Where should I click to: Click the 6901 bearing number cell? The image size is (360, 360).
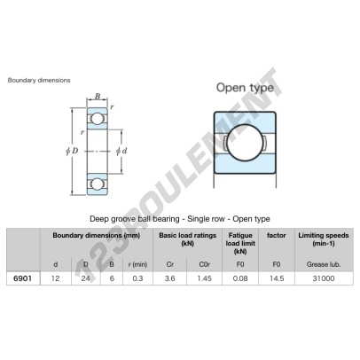point(22,278)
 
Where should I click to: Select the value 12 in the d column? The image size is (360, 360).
point(55,278)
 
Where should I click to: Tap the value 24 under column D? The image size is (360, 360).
point(86,278)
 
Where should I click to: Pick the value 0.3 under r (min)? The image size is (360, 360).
point(137,278)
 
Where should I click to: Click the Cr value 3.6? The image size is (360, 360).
point(170,278)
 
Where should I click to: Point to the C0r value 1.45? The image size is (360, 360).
point(205,278)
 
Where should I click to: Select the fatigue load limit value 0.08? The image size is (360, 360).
point(240,278)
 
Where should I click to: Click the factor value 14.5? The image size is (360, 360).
point(277,278)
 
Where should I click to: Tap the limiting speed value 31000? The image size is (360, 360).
point(324,278)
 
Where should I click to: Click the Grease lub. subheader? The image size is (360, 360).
point(324,264)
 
